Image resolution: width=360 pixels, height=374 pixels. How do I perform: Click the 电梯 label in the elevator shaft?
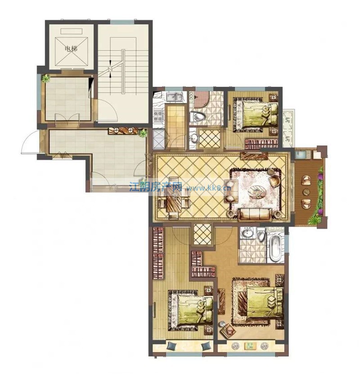(x=71, y=49)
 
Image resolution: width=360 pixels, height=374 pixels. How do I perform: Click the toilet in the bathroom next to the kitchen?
(x=197, y=117)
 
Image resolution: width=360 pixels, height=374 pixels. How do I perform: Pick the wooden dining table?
(x=174, y=198)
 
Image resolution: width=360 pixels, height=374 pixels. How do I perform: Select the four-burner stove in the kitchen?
(x=158, y=116)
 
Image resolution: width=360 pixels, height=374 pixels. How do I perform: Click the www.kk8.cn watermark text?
(x=209, y=188)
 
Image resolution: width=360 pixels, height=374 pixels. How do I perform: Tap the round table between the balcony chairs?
(x=306, y=191)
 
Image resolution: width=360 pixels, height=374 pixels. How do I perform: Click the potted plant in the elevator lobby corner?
(x=45, y=78)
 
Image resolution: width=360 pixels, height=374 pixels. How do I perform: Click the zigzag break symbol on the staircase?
(x=110, y=69)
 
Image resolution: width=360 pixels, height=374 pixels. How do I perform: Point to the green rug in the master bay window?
(x=250, y=346)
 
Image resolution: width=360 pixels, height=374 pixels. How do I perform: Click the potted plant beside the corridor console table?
(x=143, y=133)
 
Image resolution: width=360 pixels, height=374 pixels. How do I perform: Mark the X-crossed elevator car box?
(x=72, y=51)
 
